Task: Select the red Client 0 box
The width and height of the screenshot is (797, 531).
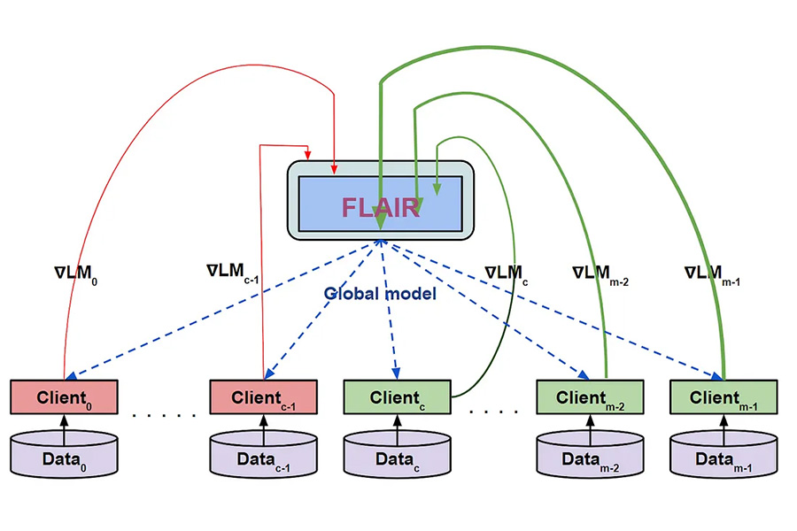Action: point(64,397)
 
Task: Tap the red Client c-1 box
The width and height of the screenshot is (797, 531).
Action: point(263,397)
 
